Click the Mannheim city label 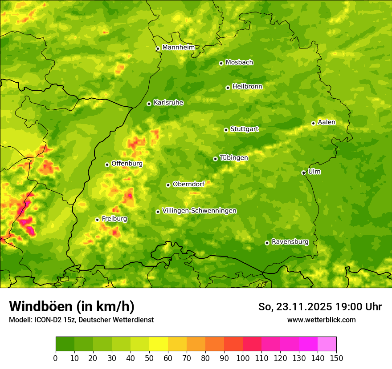coord(178,47)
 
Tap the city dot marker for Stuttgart coord(226,130)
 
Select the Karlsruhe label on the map coord(168,102)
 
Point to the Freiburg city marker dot coord(97,220)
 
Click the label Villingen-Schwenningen coord(199,211)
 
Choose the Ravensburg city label coord(290,242)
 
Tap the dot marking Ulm coord(303,172)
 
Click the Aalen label coord(327,122)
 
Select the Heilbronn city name coord(247,86)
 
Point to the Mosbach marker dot coord(221,63)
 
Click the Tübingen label coord(233,158)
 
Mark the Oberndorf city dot coord(168,185)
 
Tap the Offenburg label coord(127,164)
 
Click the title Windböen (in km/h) coord(72,306)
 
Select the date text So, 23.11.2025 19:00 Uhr coord(320,307)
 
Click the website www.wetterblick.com coord(321,320)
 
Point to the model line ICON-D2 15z coord(81,320)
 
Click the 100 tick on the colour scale coord(243,358)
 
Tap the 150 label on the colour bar coord(336,358)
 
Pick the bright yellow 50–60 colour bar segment coord(159,344)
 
